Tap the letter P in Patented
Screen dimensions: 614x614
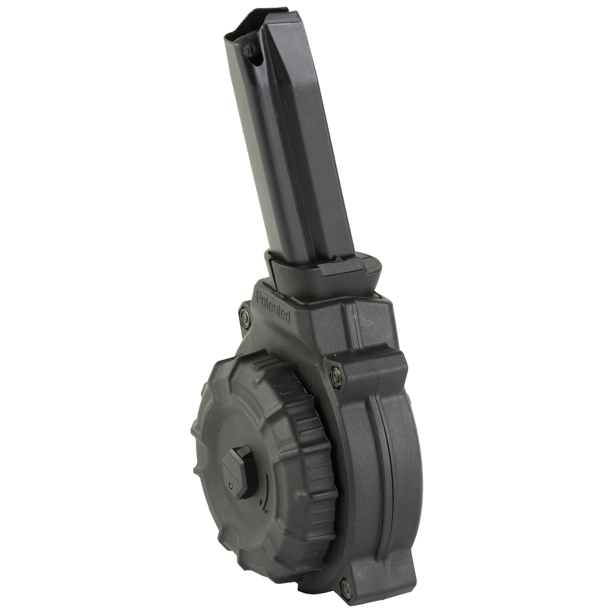click(x=259, y=299)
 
